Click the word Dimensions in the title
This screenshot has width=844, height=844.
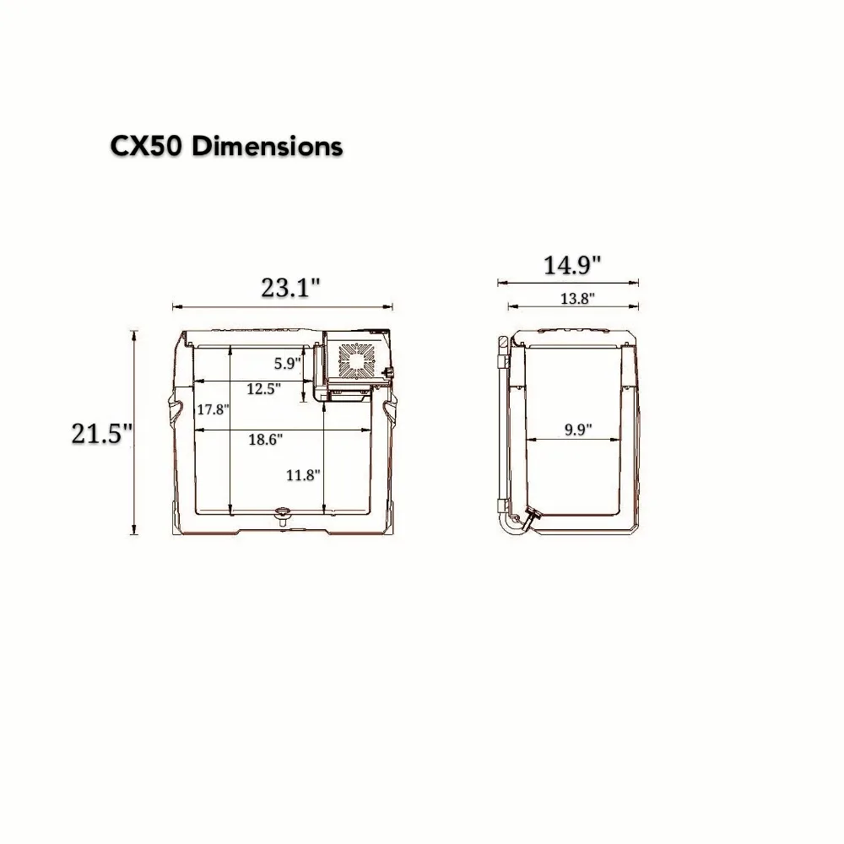coord(267,146)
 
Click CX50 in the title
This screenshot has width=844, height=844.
coord(146,146)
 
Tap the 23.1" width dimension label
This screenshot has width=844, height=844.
coord(290,288)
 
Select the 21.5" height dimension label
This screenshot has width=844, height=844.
coord(102,433)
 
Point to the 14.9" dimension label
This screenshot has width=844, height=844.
coord(571,265)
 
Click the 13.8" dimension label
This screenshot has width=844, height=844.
coord(577,298)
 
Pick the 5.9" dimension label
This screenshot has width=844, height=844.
coord(287,363)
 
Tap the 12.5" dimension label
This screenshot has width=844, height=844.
coord(263,388)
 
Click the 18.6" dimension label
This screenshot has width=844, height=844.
coord(265,439)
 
